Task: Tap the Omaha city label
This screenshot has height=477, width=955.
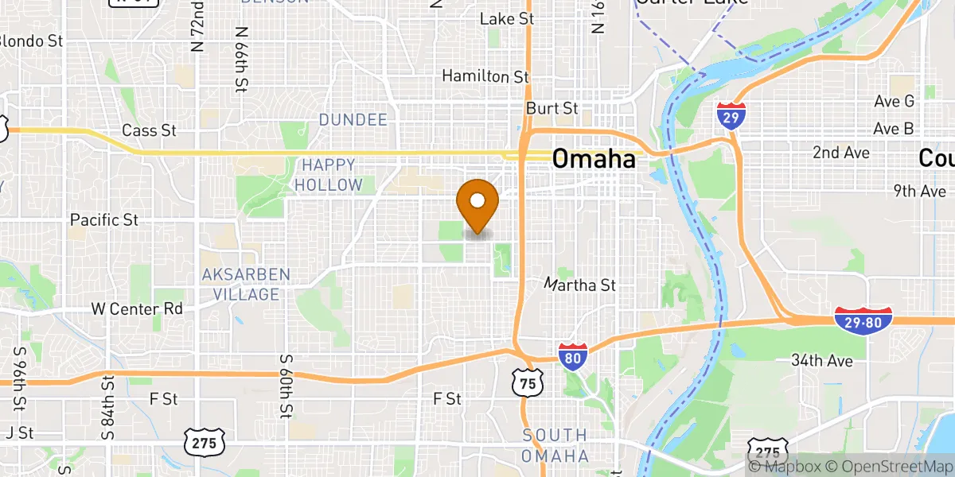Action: (594, 159)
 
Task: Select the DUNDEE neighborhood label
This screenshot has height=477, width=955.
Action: (353, 120)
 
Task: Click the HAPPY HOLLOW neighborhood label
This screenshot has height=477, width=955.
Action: (328, 175)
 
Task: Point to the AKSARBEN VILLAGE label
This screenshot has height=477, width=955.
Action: (245, 285)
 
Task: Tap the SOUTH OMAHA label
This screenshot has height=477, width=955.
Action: (555, 446)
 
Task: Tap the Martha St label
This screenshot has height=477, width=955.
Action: (580, 284)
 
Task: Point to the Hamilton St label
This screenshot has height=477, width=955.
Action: (485, 76)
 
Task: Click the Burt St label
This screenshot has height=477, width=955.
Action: (552, 107)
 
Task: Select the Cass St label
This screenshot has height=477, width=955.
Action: (149, 130)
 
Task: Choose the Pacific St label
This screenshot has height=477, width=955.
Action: (105, 219)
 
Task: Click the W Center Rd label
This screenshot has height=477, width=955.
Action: (137, 308)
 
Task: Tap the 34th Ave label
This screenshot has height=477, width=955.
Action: (822, 361)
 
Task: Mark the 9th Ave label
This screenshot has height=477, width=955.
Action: (919, 191)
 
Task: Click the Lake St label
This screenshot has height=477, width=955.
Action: (506, 17)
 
